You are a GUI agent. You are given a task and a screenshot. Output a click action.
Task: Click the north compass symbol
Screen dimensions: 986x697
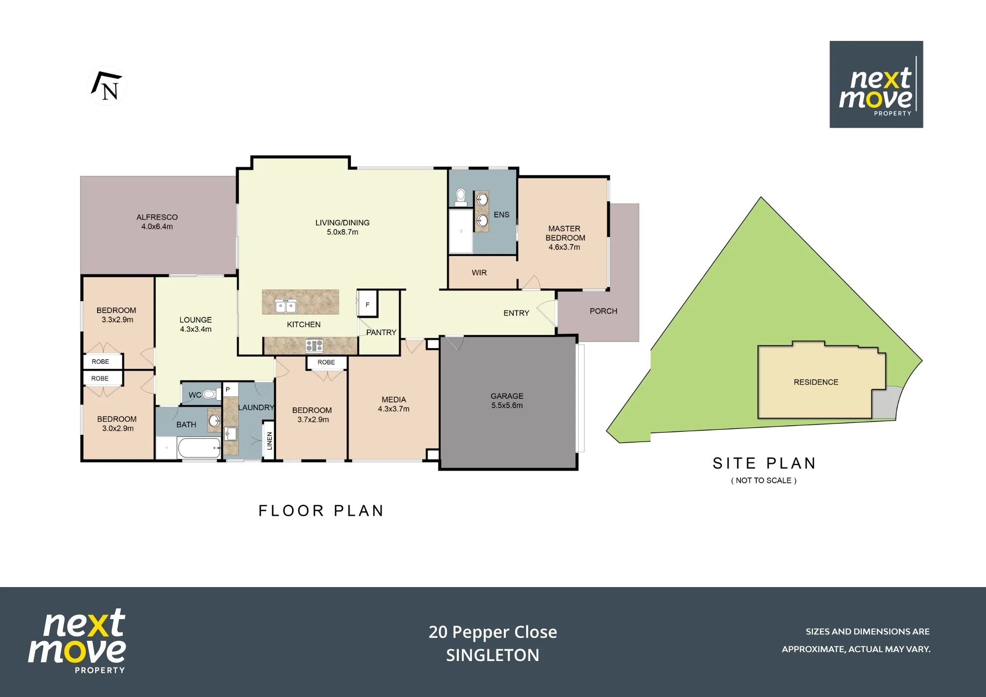(107, 85)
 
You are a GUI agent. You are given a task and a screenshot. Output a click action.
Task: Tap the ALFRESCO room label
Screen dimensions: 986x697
(157, 217)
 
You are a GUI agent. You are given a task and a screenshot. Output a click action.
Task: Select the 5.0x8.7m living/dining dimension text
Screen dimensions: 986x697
(343, 232)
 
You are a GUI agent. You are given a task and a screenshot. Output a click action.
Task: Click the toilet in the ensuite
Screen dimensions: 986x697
(461, 197)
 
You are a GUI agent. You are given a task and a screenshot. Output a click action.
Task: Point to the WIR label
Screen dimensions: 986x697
(479, 273)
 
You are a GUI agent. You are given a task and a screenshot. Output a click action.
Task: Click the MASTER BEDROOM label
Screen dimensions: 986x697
(565, 233)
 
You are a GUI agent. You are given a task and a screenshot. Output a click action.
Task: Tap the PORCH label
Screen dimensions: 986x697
(603, 311)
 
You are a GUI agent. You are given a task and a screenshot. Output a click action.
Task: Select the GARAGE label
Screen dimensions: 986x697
(507, 396)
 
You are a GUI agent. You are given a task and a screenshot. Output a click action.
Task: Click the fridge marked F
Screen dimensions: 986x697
(367, 303)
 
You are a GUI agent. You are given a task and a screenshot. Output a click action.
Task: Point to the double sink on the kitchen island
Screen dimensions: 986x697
(285, 306)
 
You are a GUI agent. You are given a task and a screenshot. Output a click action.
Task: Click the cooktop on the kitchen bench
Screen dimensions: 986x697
(314, 346)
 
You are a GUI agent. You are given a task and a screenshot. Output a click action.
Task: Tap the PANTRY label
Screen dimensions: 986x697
(381, 333)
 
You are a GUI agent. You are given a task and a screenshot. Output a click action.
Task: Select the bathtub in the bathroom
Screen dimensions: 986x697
(199, 448)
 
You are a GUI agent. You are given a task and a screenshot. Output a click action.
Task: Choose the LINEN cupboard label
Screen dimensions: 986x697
(270, 440)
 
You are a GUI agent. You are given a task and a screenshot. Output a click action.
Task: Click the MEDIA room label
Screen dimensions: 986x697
(394, 400)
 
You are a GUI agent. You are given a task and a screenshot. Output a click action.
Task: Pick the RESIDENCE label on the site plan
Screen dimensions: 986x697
(816, 382)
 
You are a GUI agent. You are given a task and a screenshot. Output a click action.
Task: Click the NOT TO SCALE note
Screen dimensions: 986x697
(764, 481)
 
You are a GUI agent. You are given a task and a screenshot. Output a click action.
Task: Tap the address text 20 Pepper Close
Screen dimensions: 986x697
(493, 632)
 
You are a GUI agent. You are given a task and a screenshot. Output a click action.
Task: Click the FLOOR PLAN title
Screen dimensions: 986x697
(321, 511)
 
